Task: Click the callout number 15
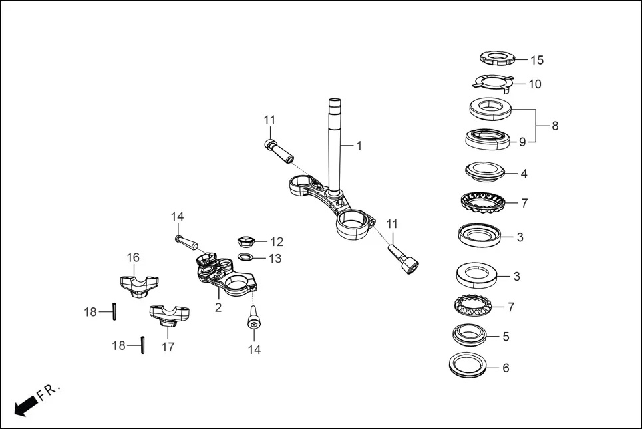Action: (x=536, y=60)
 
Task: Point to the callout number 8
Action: (x=555, y=126)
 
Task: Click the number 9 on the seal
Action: (x=522, y=142)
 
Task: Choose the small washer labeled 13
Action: (x=245, y=258)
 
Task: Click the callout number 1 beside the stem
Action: (x=359, y=145)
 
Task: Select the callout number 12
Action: (x=276, y=242)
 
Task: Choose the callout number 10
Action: (x=534, y=84)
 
